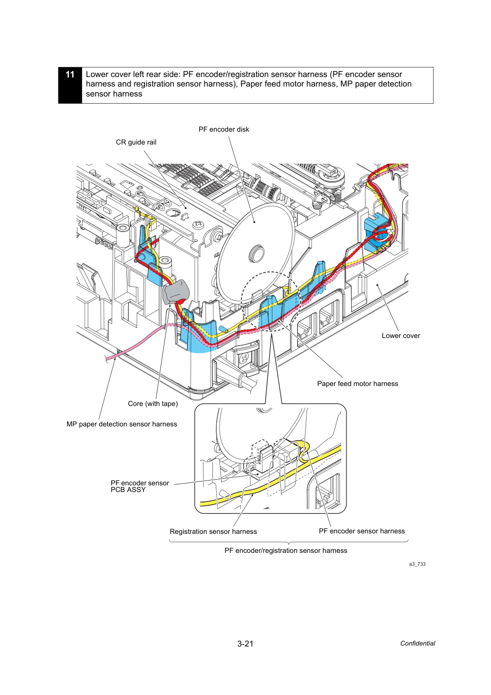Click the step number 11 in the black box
click(70, 75)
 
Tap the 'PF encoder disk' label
click(223, 129)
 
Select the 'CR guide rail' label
click(136, 142)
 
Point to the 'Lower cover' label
click(401, 336)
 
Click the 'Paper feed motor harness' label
click(357, 384)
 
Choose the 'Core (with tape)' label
click(153, 404)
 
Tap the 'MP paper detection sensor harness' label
click(122, 424)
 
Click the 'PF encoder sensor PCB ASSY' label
click(140, 486)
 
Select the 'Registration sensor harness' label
click(213, 531)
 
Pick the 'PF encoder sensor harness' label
click(362, 531)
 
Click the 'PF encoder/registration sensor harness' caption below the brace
click(286, 550)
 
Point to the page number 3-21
click(245, 644)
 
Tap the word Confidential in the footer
click(417, 643)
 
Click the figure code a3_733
click(417, 564)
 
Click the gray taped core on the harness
click(175, 292)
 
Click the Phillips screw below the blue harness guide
click(245, 359)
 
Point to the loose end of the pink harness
click(107, 359)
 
